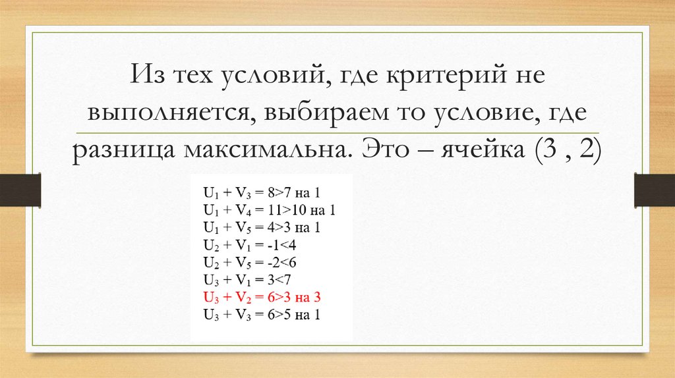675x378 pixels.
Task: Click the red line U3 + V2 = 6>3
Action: click(261, 297)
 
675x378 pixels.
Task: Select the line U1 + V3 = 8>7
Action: click(261, 193)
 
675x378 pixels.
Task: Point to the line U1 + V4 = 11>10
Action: click(269, 210)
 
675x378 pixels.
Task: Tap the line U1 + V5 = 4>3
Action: click(261, 228)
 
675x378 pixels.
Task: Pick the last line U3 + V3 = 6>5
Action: click(261, 314)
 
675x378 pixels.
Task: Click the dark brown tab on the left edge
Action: click(20, 189)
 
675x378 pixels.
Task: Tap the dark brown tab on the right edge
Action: click(654, 189)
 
